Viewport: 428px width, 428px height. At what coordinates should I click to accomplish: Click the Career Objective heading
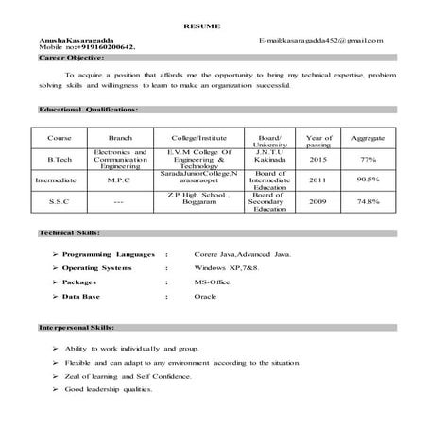[x=71, y=58]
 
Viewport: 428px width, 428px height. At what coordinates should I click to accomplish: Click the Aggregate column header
[x=368, y=138]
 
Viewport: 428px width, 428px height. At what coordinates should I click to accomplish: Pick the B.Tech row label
[x=59, y=159]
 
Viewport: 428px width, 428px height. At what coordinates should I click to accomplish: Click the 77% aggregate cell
[x=368, y=159]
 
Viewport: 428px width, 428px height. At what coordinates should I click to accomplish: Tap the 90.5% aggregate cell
[x=368, y=179]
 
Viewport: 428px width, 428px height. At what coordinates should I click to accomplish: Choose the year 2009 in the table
[x=318, y=200]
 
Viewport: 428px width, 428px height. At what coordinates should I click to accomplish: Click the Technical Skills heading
[x=67, y=232]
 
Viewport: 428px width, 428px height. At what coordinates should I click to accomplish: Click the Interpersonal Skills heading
[x=76, y=327]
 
